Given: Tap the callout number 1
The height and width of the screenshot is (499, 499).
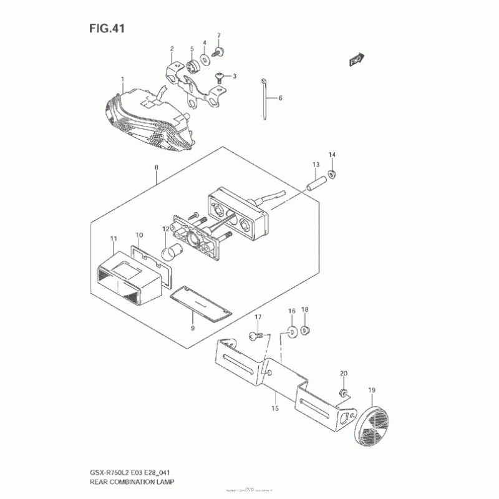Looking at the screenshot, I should click(122, 79).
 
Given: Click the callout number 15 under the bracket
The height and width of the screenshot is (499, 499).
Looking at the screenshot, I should click(275, 409).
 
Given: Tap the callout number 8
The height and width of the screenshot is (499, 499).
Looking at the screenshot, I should click(156, 167).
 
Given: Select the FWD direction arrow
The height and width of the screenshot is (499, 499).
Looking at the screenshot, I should click(357, 61).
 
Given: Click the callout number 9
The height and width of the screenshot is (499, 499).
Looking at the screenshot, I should click(193, 327).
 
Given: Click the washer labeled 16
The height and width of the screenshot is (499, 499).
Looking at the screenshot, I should click(292, 330).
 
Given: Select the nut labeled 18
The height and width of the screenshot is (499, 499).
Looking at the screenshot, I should click(306, 330).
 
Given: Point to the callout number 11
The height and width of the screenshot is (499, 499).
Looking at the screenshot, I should click(113, 239).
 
